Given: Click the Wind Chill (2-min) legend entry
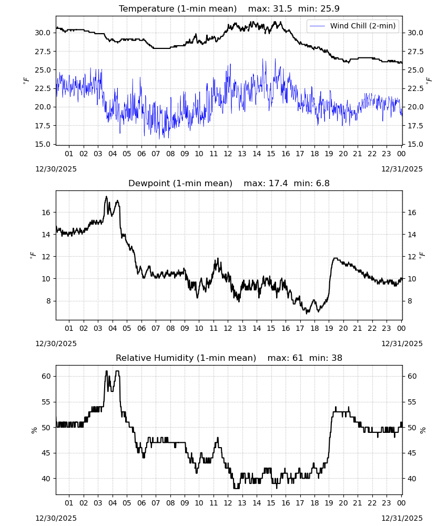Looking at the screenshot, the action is click(x=353, y=26).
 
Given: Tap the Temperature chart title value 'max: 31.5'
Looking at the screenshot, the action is click(x=270, y=9).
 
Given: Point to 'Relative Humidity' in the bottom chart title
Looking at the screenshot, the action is click(x=155, y=358).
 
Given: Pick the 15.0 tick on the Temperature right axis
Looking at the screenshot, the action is click(x=415, y=144).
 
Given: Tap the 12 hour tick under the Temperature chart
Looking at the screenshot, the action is click(x=228, y=154).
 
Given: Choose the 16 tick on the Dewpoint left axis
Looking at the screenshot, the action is click(x=46, y=213).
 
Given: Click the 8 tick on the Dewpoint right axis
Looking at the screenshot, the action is click(x=410, y=301).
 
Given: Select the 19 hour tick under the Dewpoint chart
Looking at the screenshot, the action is click(x=329, y=328).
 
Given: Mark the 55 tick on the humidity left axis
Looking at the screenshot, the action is click(x=46, y=402).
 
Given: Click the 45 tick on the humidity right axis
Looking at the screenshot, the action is click(x=412, y=453).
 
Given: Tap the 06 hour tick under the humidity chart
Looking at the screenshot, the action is click(x=141, y=503).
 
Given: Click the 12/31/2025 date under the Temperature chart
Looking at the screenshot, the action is click(x=402, y=169).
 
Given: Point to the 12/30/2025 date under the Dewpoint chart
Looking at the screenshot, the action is click(x=56, y=343).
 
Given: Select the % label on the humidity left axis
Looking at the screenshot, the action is click(x=34, y=430).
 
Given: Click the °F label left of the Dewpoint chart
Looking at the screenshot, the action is click(x=33, y=256).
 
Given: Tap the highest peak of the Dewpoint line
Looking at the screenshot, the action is click(x=106, y=197).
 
